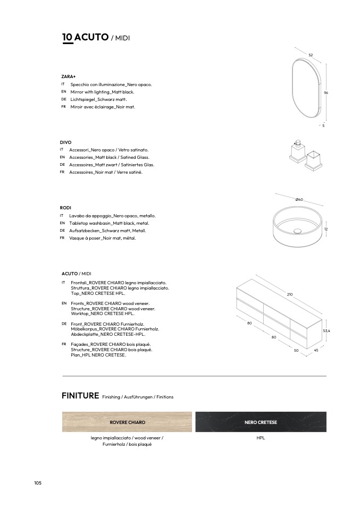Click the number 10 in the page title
coord(68,37)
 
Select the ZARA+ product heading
coord(69,77)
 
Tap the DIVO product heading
coord(65,142)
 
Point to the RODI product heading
coord(65,207)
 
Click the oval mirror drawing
coord(306,88)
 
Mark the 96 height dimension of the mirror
coord(326,92)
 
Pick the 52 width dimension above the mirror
coord(311,55)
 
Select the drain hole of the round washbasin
coord(298,231)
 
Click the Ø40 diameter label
coord(299,199)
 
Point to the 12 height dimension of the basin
coord(326,229)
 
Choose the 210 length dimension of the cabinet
coord(290,294)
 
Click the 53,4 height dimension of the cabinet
coord(326,330)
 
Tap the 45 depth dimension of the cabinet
coord(316,350)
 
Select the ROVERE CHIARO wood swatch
coord(127,422)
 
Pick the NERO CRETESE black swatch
coord(261,422)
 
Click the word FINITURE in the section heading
coord(80,396)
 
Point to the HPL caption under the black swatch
coord(261,438)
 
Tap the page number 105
coord(38,483)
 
